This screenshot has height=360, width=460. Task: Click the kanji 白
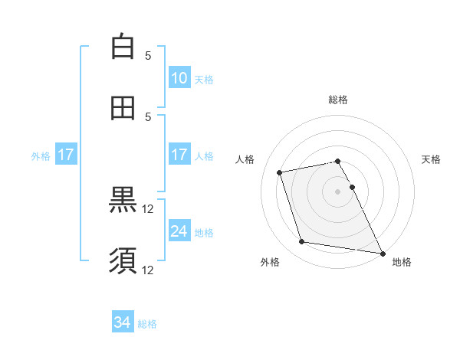pyautogui.click(x=123, y=47)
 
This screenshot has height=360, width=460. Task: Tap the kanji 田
pyautogui.click(x=123, y=107)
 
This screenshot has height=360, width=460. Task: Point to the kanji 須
pyautogui.click(x=123, y=260)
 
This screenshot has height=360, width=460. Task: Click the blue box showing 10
pyautogui.click(x=179, y=78)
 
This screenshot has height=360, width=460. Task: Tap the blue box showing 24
pyautogui.click(x=179, y=231)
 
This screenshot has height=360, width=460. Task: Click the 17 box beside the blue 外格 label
pyautogui.click(x=66, y=155)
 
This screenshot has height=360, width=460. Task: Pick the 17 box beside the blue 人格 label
pyautogui.click(x=179, y=155)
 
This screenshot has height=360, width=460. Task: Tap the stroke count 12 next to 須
pyautogui.click(x=148, y=270)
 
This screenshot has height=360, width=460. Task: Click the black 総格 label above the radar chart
pyautogui.click(x=338, y=100)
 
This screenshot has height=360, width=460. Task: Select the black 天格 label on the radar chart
pyautogui.click(x=432, y=159)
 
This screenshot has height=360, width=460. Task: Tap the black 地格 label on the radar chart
pyautogui.click(x=402, y=262)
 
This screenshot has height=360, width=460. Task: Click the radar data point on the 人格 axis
pyautogui.click(x=280, y=172)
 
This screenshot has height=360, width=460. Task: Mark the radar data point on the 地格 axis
pyautogui.click(x=381, y=253)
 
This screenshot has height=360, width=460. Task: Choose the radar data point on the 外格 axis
pyautogui.click(x=302, y=242)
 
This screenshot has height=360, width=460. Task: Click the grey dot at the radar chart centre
pyautogui.click(x=338, y=191)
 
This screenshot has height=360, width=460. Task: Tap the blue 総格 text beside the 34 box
pyautogui.click(x=147, y=324)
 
